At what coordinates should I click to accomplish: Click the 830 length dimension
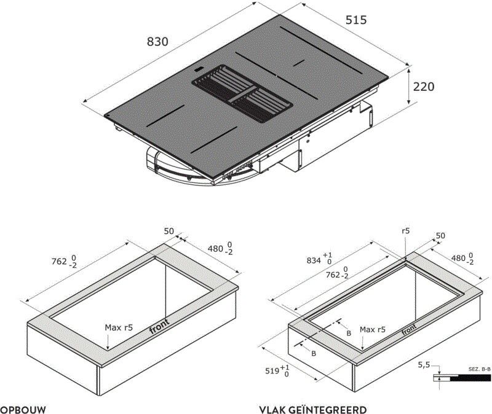pyautogui.click(x=157, y=42)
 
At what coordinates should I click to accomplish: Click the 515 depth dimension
pyautogui.click(x=356, y=20)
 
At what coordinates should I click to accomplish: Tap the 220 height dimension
pyautogui.click(x=424, y=87)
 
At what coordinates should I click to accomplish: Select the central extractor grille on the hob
pyautogui.click(x=242, y=93)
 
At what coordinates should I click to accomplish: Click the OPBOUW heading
pyautogui.click(x=23, y=410)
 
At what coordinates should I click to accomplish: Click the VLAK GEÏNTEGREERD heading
pyautogui.click(x=313, y=410)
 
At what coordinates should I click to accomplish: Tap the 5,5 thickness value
pyautogui.click(x=424, y=365)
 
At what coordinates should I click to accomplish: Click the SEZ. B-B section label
pyautogui.click(x=480, y=369)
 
